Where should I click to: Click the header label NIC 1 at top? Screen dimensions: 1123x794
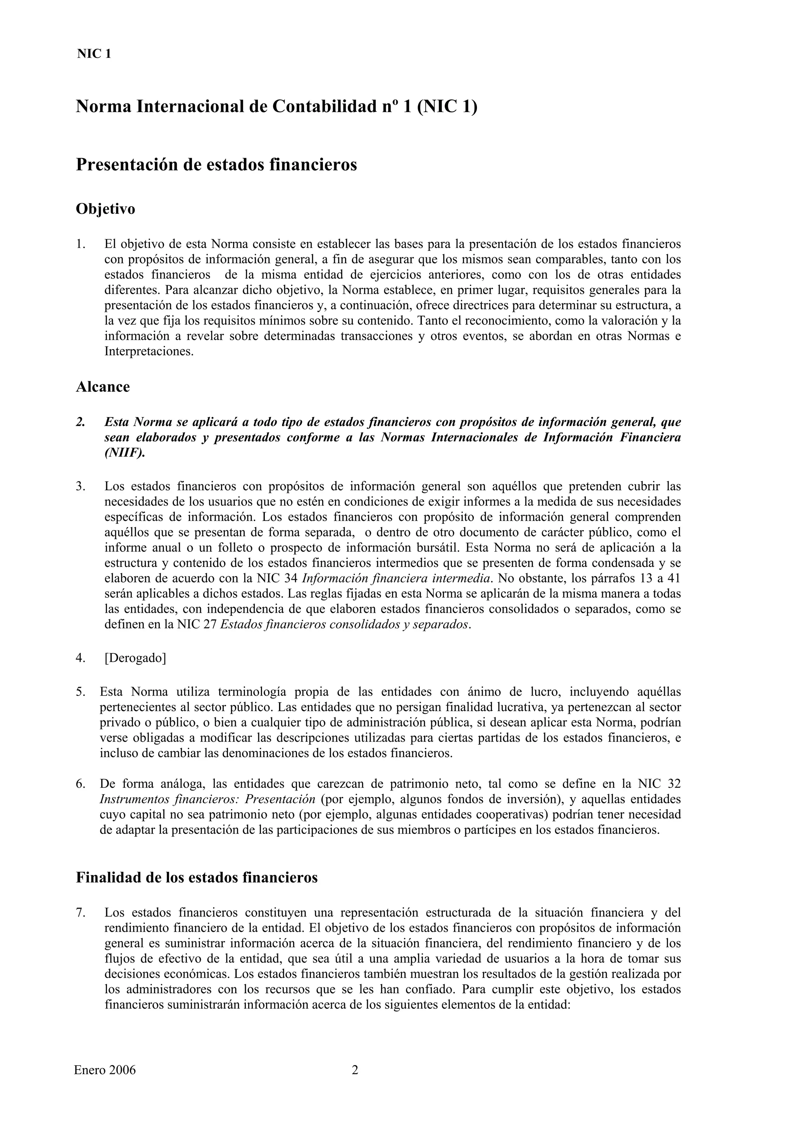[94, 54]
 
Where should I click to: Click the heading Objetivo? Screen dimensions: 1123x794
[105, 209]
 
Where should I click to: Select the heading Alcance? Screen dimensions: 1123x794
[103, 387]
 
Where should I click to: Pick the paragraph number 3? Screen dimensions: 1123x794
[81, 486]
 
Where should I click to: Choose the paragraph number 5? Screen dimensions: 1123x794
[81, 692]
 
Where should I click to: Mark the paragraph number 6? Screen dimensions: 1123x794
[81, 784]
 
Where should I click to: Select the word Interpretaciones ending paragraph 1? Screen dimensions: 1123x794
[149, 352]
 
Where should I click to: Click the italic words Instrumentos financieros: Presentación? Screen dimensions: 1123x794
[207, 799]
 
